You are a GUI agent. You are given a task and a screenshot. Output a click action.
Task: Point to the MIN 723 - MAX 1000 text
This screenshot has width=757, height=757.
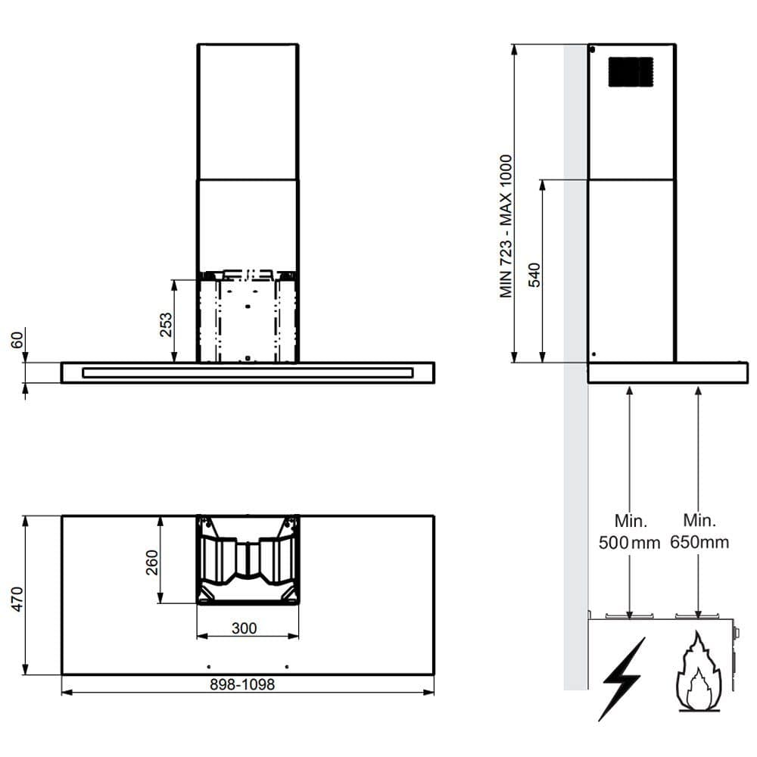click(506, 226)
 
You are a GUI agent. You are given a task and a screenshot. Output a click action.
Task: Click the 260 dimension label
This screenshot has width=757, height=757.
click(152, 562)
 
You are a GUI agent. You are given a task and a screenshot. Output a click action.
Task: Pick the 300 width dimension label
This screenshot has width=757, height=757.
click(245, 628)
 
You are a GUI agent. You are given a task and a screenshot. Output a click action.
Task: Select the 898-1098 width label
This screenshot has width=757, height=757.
click(242, 684)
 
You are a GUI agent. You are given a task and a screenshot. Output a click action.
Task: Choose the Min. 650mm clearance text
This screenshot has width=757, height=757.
click(699, 531)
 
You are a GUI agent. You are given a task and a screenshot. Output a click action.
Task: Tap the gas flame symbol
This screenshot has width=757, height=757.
click(698, 674)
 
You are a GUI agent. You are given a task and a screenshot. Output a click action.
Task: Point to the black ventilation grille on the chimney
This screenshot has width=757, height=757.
click(631, 72)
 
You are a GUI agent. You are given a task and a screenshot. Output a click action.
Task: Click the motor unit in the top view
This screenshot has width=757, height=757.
click(248, 560)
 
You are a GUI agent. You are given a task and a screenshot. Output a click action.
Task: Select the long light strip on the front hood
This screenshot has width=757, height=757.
click(248, 372)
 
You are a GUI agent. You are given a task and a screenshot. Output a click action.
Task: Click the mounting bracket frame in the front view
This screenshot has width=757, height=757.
click(248, 316)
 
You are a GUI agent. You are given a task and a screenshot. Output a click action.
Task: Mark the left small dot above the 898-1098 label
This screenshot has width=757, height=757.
click(208, 666)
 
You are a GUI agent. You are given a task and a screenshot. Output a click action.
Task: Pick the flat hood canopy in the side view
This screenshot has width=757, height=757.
click(667, 373)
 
